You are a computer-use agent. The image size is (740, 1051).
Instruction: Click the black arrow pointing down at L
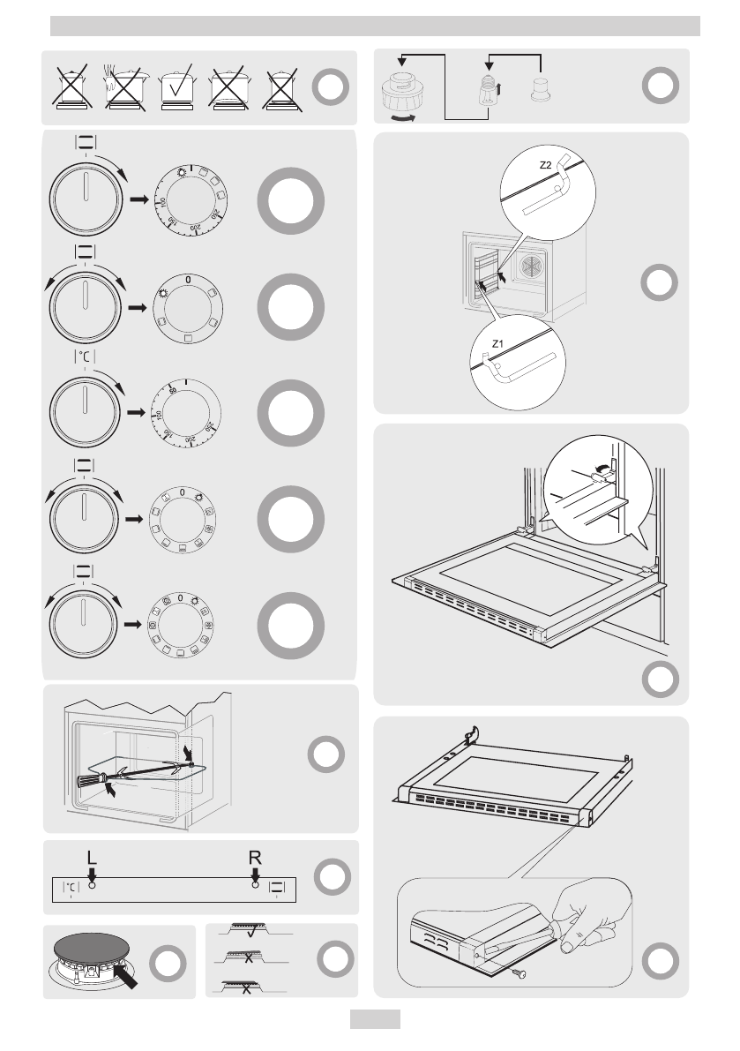pyautogui.click(x=92, y=875)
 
